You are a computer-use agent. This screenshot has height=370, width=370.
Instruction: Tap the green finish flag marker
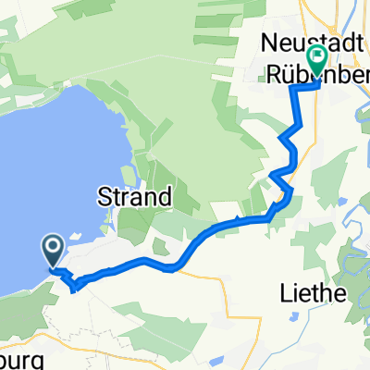317,59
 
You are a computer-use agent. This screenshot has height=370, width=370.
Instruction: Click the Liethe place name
313,295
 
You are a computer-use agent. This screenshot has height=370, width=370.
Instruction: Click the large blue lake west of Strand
46,157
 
